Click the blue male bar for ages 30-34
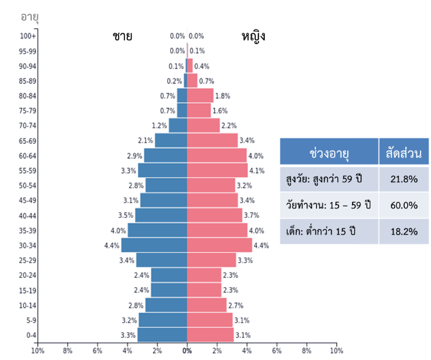click(x=154, y=245)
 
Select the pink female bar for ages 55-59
click(x=217, y=170)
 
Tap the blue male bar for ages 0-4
click(x=162, y=335)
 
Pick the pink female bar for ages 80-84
click(x=200, y=96)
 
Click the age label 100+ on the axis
click(x=28, y=36)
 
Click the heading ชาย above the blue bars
click(x=122, y=36)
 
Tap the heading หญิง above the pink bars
click(x=253, y=37)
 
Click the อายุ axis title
click(x=30, y=16)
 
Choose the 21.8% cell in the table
click(x=403, y=179)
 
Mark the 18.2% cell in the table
click(x=403, y=232)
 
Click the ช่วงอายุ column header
click(x=329, y=154)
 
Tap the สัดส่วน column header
click(x=403, y=154)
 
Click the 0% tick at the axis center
click(x=187, y=351)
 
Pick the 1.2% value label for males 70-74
click(x=159, y=126)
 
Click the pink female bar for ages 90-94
click(x=190, y=66)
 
